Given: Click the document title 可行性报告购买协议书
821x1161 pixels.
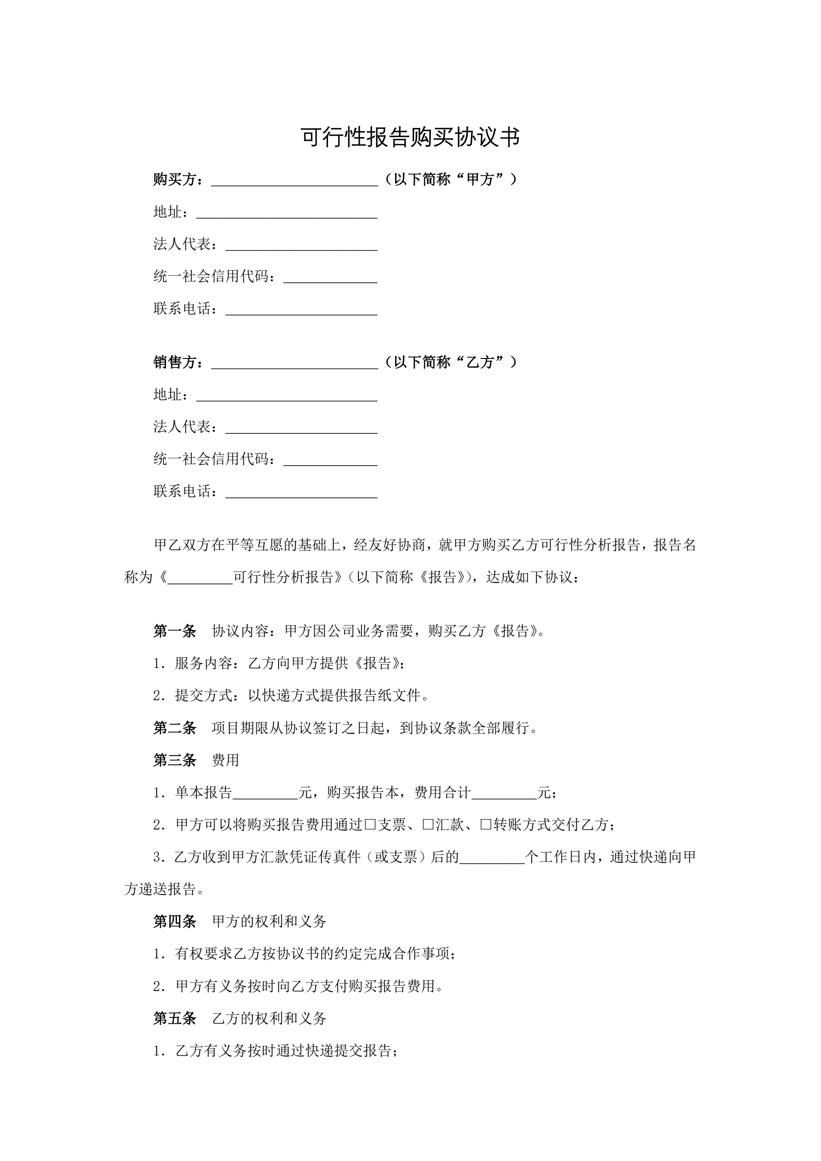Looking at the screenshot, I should (410, 137).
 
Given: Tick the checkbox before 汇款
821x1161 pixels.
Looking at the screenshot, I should (428, 825).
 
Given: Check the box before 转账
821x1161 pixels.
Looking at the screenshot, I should (486, 825).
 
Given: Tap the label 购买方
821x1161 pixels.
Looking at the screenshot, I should (175, 179).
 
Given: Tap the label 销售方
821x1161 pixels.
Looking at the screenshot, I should (175, 363).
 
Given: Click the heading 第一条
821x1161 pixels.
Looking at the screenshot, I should (175, 631).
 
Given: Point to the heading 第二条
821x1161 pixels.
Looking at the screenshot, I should (175, 728).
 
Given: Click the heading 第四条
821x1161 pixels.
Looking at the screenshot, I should (175, 921).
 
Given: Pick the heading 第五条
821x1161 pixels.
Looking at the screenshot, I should (175, 1018).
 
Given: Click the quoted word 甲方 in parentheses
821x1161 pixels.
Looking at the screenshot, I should (480, 179).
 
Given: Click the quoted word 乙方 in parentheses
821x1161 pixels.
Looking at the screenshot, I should (480, 363).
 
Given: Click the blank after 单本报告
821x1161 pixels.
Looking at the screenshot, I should (265, 794).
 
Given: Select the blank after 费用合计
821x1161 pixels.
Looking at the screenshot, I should (504, 794).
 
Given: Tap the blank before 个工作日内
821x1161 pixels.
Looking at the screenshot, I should (492, 858).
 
